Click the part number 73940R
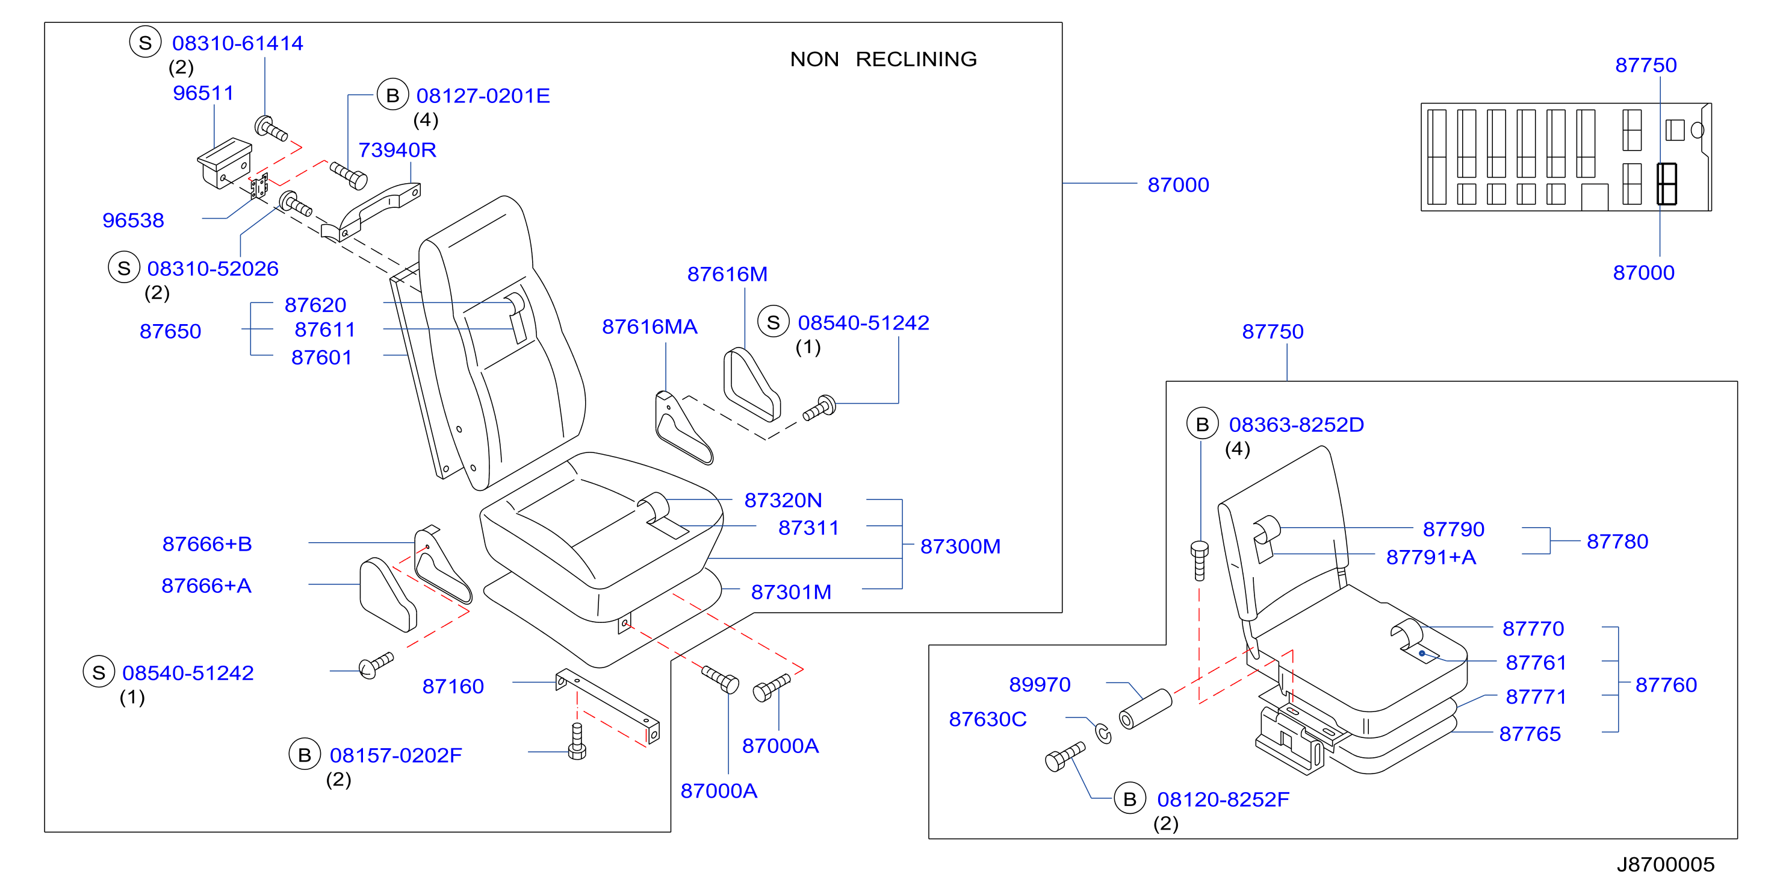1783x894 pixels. pyautogui.click(x=397, y=149)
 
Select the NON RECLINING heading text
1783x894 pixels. pyautogui.click(x=883, y=59)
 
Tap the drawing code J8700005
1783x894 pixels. pyautogui.click(x=1666, y=864)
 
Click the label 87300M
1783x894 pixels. pyautogui.click(x=960, y=546)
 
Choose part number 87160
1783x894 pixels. pyautogui.click(x=453, y=686)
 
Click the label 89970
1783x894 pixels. pyautogui.click(x=1040, y=684)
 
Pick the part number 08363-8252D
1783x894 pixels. pyautogui.click(x=1296, y=425)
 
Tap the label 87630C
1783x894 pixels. pyautogui.click(x=988, y=719)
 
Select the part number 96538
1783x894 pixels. pyautogui.click(x=133, y=220)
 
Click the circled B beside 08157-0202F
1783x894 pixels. pyautogui.click(x=305, y=755)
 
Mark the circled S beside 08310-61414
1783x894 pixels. pyautogui.click(x=145, y=42)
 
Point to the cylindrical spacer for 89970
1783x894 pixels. pyautogui.click(x=1146, y=708)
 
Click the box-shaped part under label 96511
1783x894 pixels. pyautogui.click(x=225, y=162)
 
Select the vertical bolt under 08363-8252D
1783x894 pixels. pyautogui.click(x=1200, y=560)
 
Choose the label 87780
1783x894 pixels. pyautogui.click(x=1617, y=542)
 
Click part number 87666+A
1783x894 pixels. pyautogui.click(x=206, y=586)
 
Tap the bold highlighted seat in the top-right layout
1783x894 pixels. pyautogui.click(x=1667, y=184)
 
